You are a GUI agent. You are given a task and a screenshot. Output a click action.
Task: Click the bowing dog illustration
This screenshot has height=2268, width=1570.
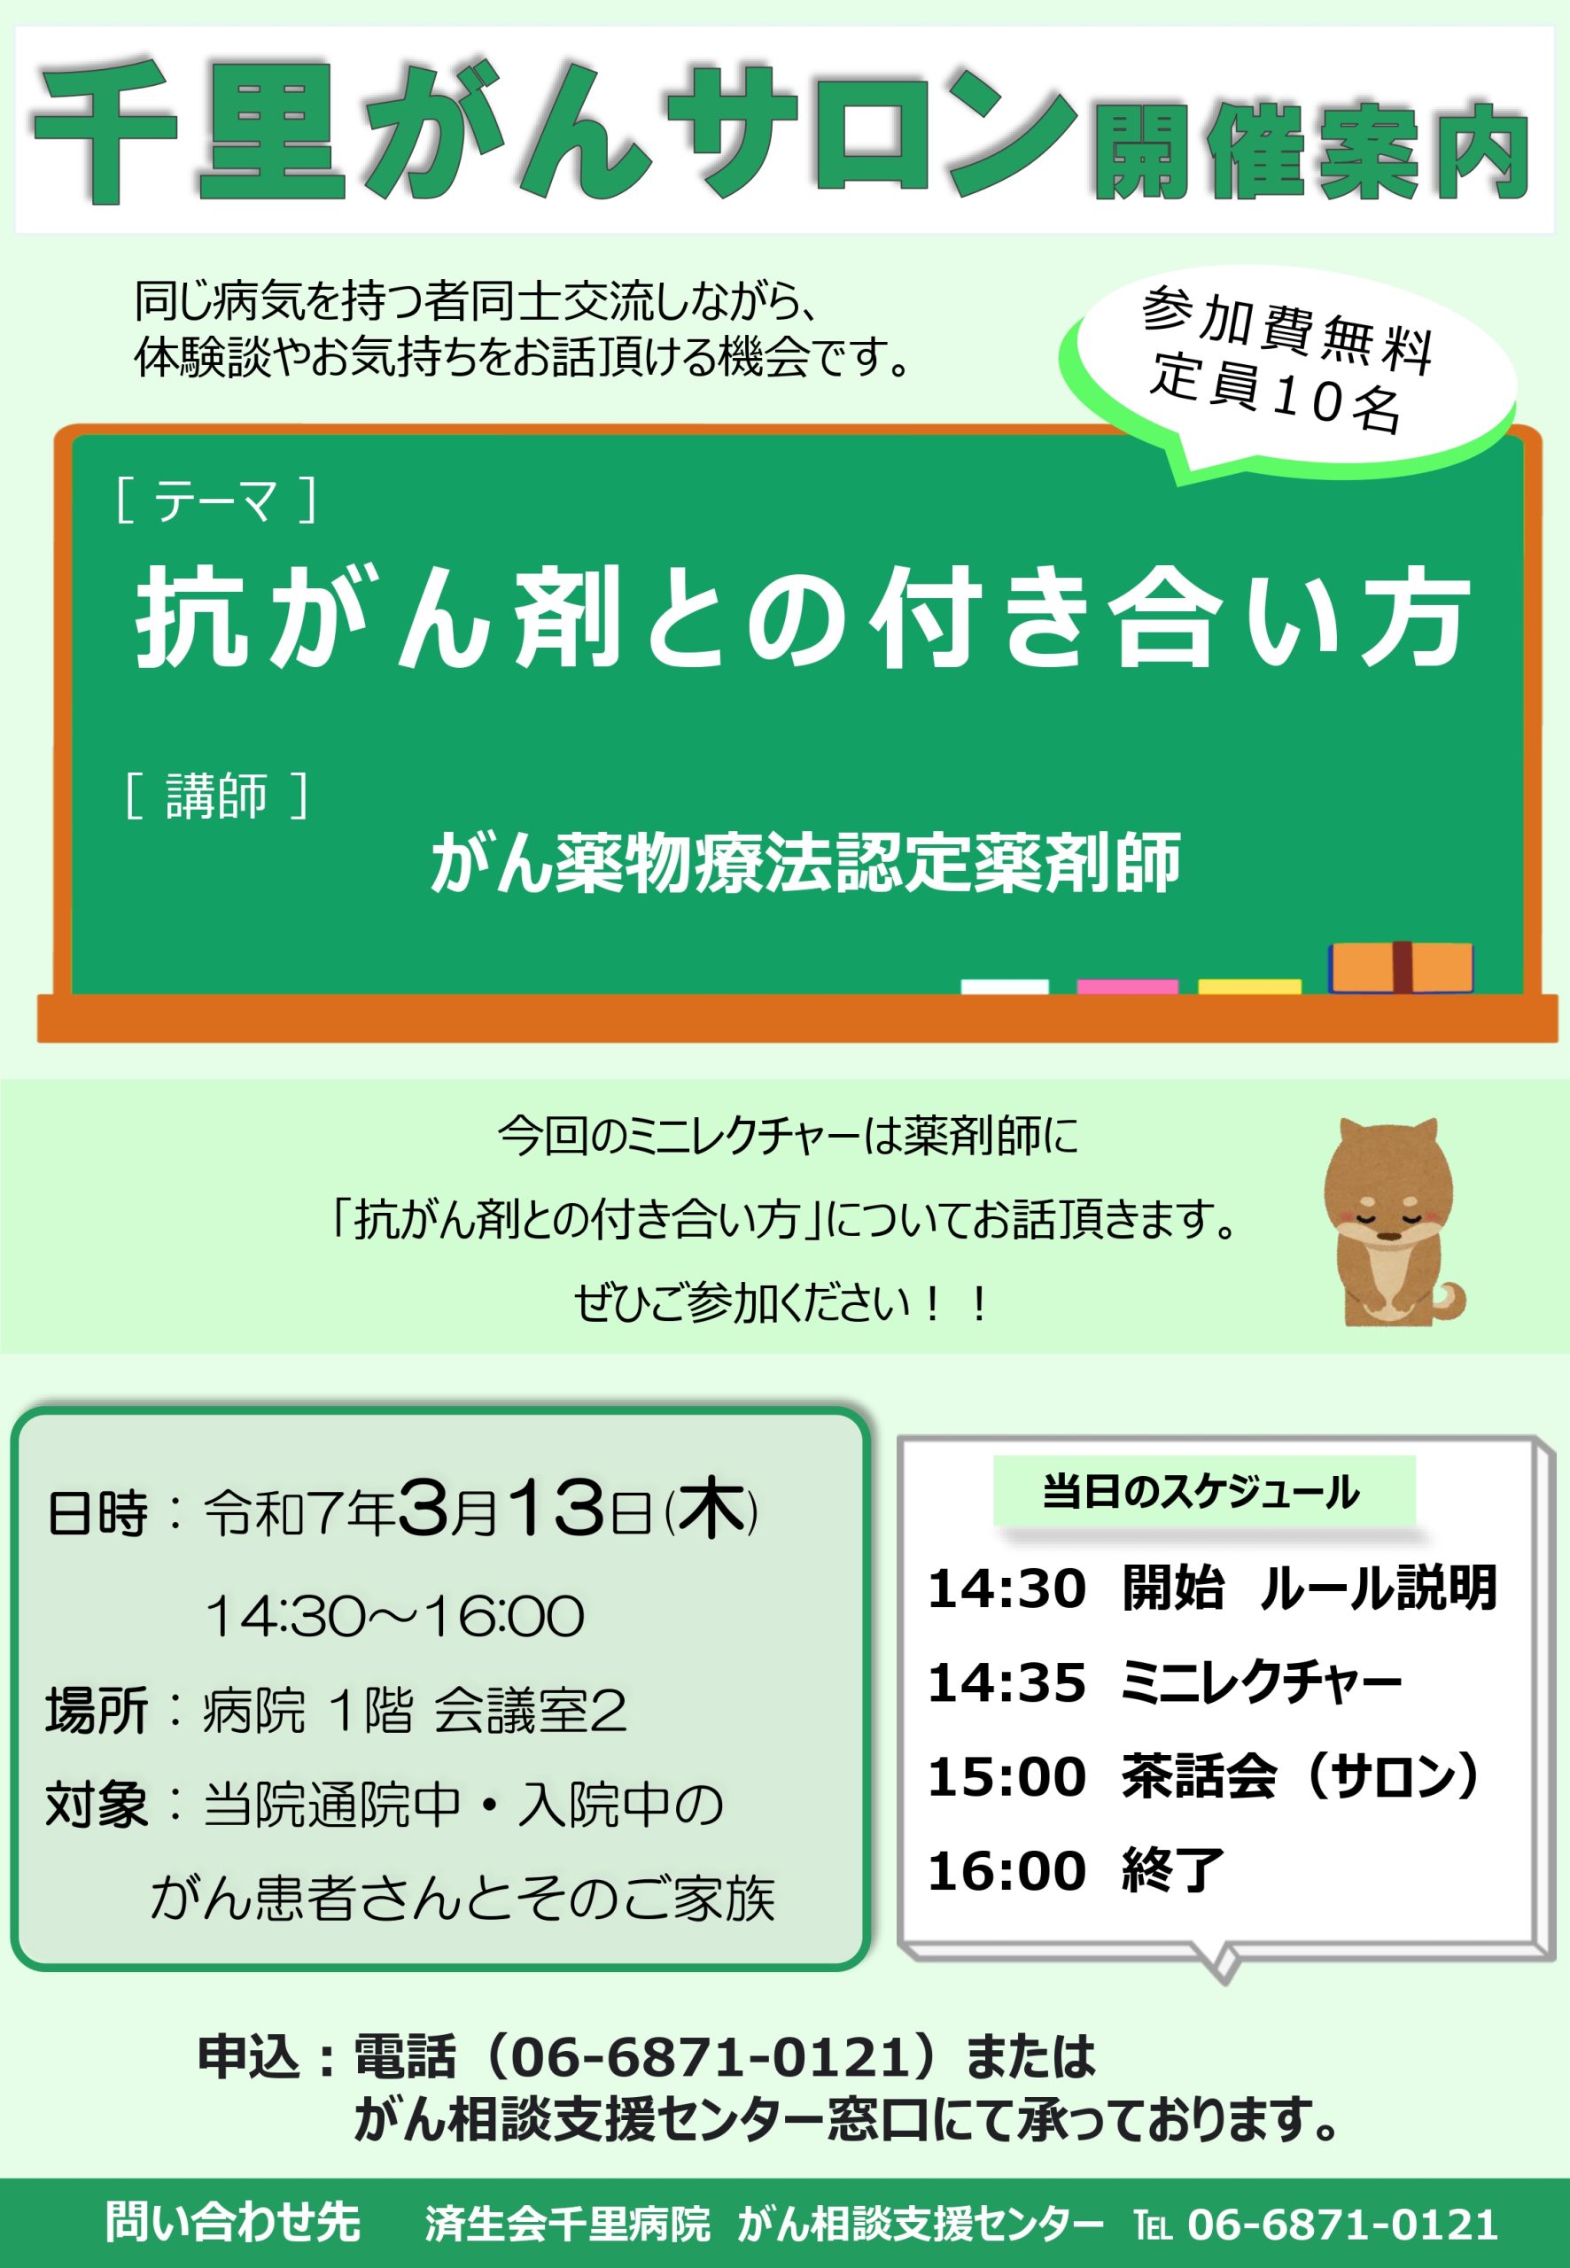(1393, 1221)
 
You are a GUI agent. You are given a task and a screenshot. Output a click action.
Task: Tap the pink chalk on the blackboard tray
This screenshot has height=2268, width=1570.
(1127, 986)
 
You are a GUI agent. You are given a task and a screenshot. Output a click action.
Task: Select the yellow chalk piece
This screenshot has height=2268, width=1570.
(1249, 986)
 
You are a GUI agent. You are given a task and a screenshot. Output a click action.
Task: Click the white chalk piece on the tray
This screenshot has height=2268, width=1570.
(1005, 986)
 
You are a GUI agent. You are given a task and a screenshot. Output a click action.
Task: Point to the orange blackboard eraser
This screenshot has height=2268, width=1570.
(1401, 967)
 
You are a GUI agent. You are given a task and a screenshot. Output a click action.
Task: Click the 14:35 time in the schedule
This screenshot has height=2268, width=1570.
(1007, 1682)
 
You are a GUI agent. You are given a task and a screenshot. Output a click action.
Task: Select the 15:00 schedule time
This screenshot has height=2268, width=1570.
(1007, 1777)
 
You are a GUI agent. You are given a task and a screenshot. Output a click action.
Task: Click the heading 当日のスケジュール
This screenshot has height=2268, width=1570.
(1201, 1492)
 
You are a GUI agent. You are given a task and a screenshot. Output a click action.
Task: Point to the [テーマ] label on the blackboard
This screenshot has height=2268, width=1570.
(215, 500)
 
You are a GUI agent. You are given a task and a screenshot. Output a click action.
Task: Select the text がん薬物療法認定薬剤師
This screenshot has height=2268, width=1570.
(805, 863)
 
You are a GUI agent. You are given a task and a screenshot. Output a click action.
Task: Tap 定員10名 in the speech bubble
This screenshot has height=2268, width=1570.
(1276, 392)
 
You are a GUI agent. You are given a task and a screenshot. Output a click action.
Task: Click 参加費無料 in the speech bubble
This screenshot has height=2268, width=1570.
(1287, 330)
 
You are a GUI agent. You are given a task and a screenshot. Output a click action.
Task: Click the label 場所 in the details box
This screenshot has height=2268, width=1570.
(97, 1711)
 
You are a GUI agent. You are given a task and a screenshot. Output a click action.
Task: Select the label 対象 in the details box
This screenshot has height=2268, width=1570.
(97, 1805)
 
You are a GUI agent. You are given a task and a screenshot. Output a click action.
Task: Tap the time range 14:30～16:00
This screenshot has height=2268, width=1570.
(394, 1616)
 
